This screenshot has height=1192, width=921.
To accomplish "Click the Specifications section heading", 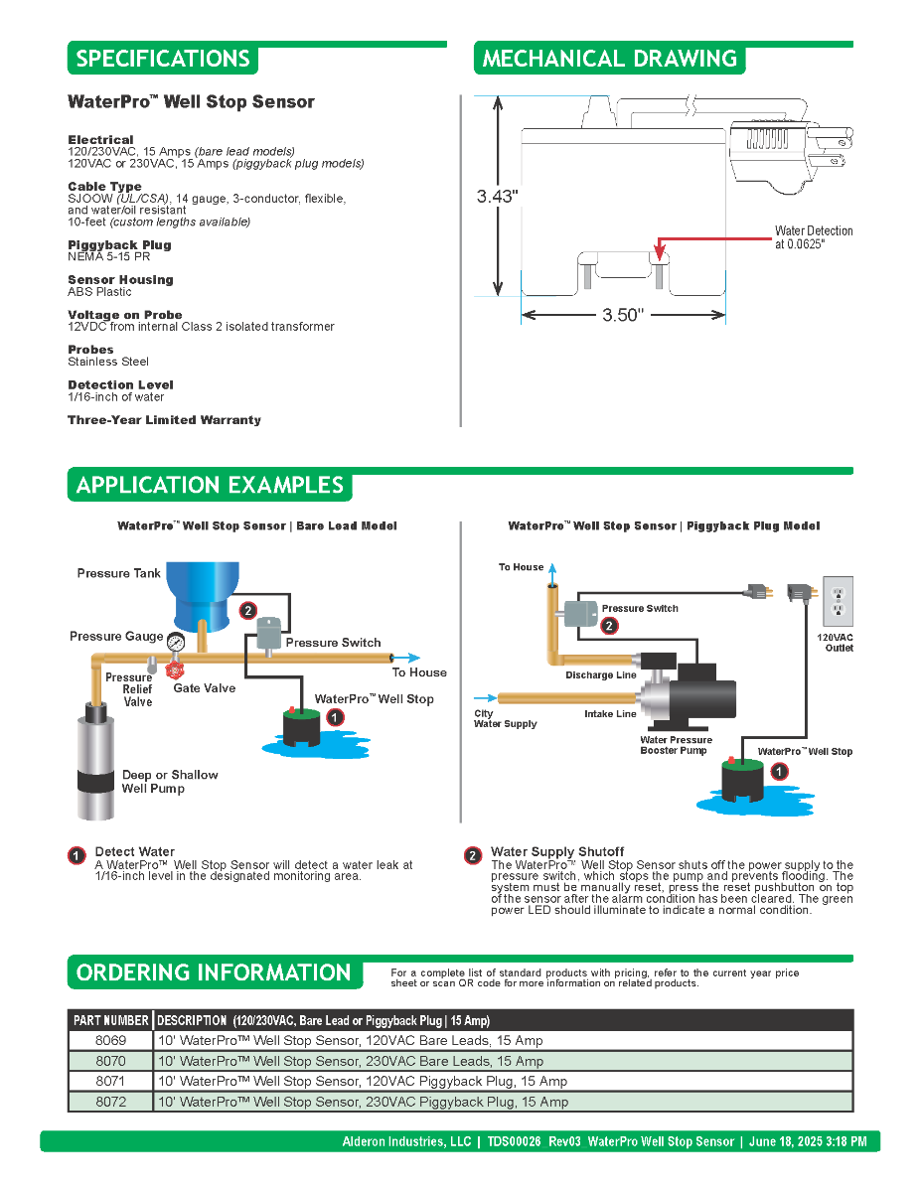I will (163, 59).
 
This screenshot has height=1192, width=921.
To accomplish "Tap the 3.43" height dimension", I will (498, 197).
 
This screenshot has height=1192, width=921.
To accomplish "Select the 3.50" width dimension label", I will (623, 316).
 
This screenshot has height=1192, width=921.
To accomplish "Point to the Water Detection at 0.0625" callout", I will (814, 237).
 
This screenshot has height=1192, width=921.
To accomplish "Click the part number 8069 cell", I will (111, 1041).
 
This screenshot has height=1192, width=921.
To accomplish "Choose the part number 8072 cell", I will (111, 1102).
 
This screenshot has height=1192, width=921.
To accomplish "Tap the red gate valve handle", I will (176, 671).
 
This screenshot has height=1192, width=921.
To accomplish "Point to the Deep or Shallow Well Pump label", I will (169, 782).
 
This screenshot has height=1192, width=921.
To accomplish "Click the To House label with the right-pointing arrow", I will (419, 672).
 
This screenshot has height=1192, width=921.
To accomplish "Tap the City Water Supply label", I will (505, 719).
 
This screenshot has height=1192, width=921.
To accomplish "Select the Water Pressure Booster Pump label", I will (676, 745).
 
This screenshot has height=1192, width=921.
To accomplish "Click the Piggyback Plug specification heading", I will (119, 245).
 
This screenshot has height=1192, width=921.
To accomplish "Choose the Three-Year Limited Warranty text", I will (164, 420).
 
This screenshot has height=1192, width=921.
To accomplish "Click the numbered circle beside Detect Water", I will (77, 855).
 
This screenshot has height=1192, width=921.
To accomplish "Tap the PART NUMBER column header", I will (111, 1020).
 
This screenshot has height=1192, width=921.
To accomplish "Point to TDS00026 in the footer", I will (514, 1142).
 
